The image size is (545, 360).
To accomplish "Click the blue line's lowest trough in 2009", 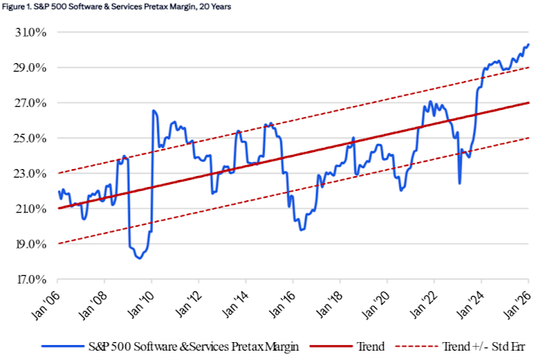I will point(139,258).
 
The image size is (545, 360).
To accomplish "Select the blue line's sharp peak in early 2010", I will point(153,111).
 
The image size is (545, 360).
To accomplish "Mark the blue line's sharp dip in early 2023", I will point(459,183).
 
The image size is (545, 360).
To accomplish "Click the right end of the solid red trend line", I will point(529,103).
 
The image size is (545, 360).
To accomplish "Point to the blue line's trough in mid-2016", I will point(301,229).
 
